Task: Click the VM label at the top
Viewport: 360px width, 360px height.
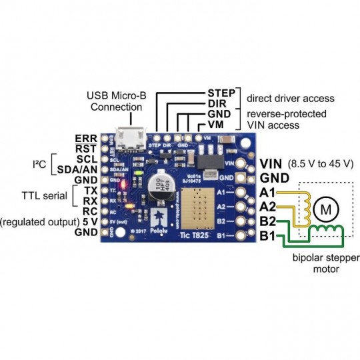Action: coord(215,125)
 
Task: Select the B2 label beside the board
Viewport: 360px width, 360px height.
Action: coord(269,221)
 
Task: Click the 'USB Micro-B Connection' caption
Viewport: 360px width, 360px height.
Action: coord(117,101)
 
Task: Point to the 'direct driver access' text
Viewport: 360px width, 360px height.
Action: coord(290,99)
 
